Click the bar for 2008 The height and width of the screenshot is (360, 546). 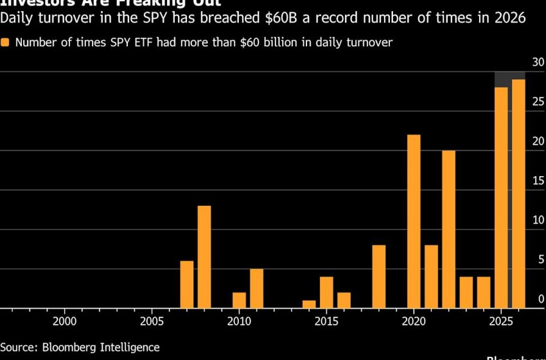(x=204, y=257)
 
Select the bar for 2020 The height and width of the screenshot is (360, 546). (x=414, y=222)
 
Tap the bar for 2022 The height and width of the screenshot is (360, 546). (x=448, y=230)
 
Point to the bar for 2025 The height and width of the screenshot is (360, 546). (x=501, y=198)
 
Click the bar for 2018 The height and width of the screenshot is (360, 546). (x=379, y=277)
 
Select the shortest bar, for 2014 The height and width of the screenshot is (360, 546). (x=309, y=305)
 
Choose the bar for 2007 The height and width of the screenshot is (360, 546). (x=187, y=285)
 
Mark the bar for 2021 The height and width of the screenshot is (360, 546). (x=431, y=277)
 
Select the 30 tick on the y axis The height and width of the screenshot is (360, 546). (x=538, y=62)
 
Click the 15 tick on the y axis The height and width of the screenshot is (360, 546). (x=538, y=181)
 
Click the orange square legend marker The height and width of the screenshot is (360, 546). (x=5, y=43)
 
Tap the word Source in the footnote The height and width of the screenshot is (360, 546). (x=19, y=347)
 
